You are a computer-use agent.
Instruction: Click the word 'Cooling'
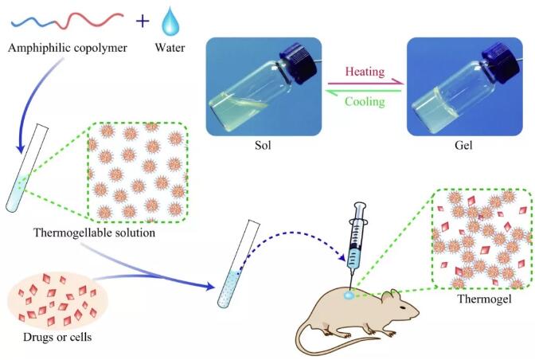(x=364, y=101)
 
